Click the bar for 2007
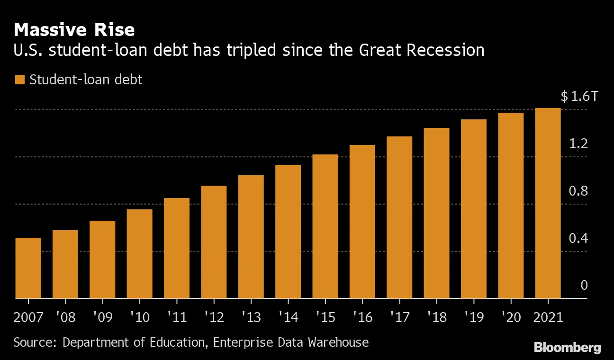(28, 268)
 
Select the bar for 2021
(548, 203)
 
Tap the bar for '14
(288, 232)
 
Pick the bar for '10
(139, 254)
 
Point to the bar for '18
(436, 213)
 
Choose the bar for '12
(214, 242)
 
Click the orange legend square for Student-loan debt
(19, 80)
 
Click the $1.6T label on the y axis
(579, 97)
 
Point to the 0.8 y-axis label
(578, 191)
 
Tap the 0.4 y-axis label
(578, 238)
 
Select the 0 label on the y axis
(584, 285)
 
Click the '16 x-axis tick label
(362, 316)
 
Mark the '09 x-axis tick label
(102, 316)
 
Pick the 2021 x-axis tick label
(548, 316)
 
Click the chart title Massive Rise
(74, 30)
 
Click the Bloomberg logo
(568, 348)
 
